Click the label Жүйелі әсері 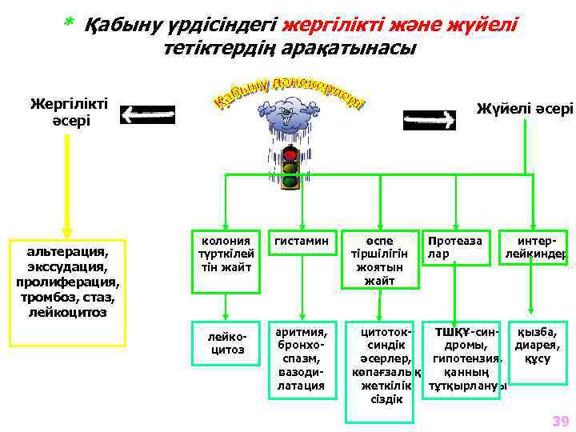(x=525, y=109)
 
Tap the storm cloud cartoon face (x=287, y=115)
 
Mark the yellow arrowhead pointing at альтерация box (x=68, y=228)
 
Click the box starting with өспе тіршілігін (x=380, y=260)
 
